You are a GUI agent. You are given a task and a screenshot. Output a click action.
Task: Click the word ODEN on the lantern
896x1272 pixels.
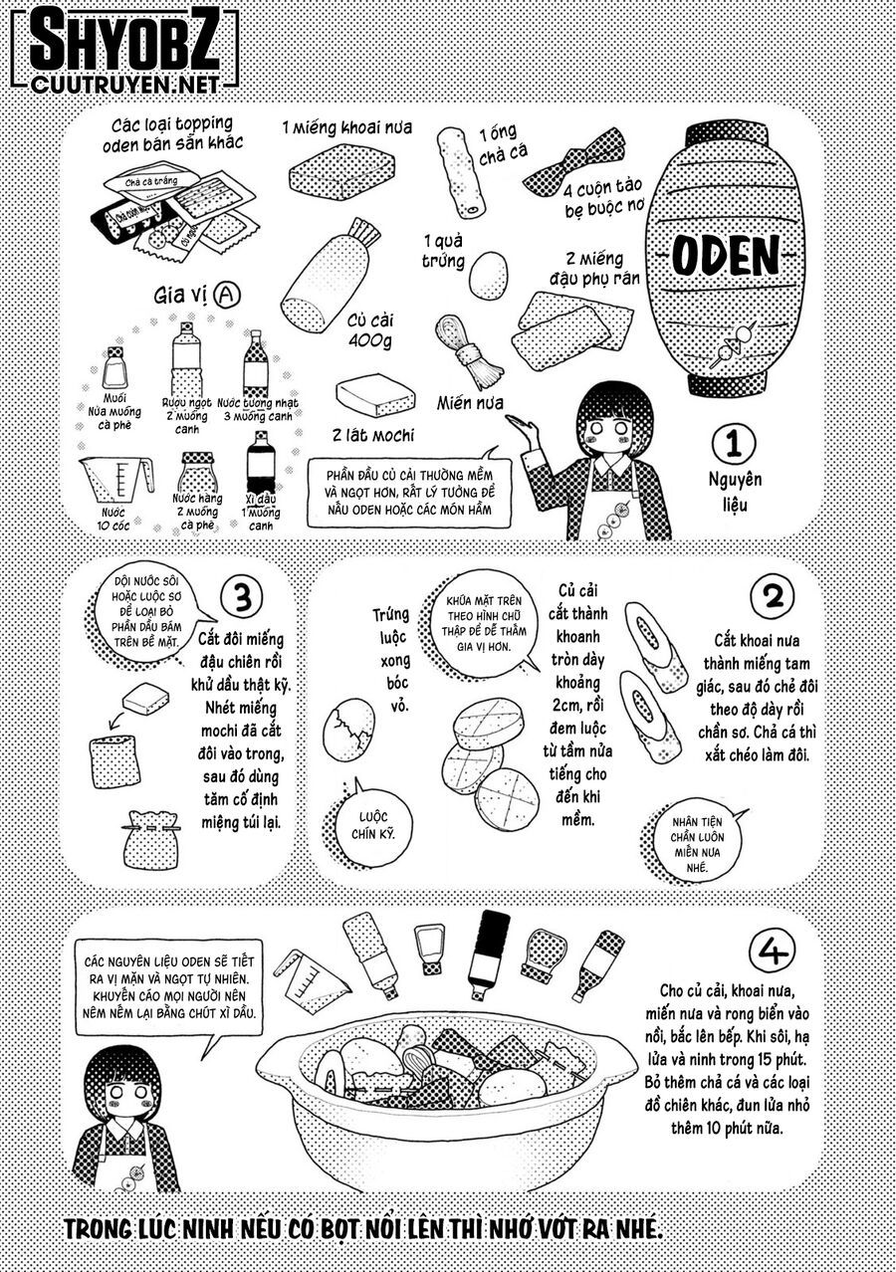724,256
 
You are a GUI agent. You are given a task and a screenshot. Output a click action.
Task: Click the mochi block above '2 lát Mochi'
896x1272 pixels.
374,396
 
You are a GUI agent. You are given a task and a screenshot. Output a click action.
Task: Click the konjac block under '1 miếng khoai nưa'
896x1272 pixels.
337,176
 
